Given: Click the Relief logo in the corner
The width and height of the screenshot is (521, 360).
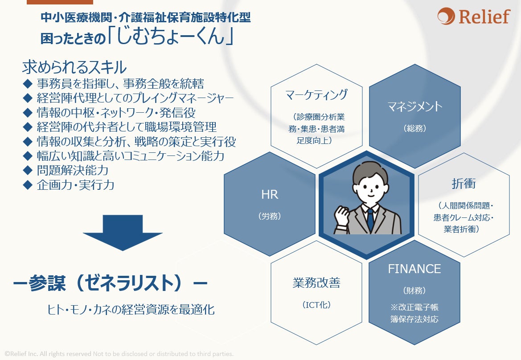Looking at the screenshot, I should pyautogui.click(x=473, y=17).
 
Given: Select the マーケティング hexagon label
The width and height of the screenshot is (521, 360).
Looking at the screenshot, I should pyautogui.click(x=316, y=95).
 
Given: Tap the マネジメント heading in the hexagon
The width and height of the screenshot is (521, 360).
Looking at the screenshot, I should pyautogui.click(x=414, y=107).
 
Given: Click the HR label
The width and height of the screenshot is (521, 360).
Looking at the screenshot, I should pyautogui.click(x=270, y=195).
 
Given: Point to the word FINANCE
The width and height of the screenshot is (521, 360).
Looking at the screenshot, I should pyautogui.click(x=414, y=269).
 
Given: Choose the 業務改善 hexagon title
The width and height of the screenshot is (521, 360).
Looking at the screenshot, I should pyautogui.click(x=316, y=283).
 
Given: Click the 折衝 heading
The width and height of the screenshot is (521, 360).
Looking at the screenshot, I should pyautogui.click(x=464, y=184).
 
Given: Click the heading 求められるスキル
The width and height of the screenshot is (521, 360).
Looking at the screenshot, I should pyautogui.click(x=74, y=68).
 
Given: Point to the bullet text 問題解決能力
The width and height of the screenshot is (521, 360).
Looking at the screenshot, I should pyautogui.click(x=73, y=170).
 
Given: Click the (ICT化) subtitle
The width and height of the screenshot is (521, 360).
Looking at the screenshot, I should pyautogui.click(x=316, y=305).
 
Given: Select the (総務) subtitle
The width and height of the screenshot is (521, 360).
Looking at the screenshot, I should pyautogui.click(x=415, y=128).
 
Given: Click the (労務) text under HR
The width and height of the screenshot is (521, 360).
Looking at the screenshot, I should pyautogui.click(x=270, y=216).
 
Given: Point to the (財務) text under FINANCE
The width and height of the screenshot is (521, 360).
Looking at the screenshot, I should pyautogui.click(x=414, y=290).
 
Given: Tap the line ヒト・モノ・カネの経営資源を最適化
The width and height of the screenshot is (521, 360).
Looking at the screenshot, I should pyautogui.click(x=131, y=310).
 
